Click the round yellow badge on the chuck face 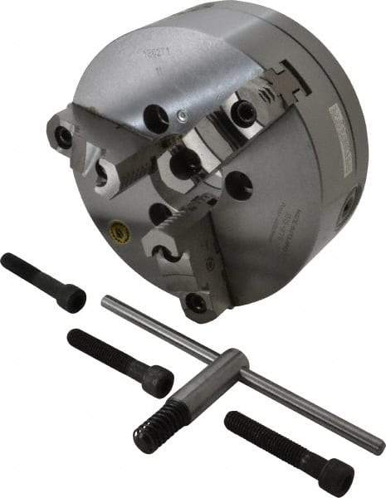click(x=123, y=226)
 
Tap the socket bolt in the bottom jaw click(x=197, y=302)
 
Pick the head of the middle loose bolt click(x=157, y=380)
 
